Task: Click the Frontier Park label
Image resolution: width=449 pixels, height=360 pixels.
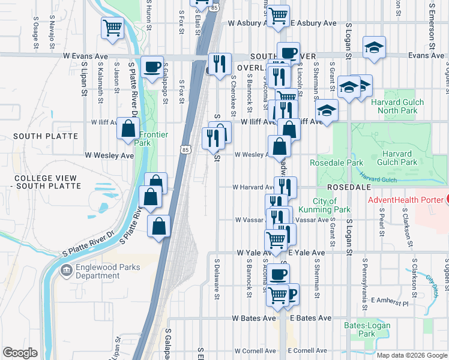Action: [x=142, y=139]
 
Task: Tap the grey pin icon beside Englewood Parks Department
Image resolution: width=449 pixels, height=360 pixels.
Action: [x=65, y=271]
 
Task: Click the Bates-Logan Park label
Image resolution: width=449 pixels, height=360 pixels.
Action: [x=367, y=329]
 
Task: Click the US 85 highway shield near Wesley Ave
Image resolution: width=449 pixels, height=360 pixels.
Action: [x=185, y=148]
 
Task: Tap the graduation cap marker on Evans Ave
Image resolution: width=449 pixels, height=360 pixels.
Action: [x=374, y=48]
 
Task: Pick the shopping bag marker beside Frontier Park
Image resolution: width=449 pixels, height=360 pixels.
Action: [x=128, y=128]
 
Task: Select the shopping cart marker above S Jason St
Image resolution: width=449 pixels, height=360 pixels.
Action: [x=113, y=27]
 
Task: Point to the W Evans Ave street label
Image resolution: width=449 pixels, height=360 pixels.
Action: [x=85, y=56]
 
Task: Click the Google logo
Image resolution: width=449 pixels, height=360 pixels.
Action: [x=20, y=353]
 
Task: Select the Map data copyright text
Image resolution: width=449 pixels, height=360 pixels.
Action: [x=411, y=355]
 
